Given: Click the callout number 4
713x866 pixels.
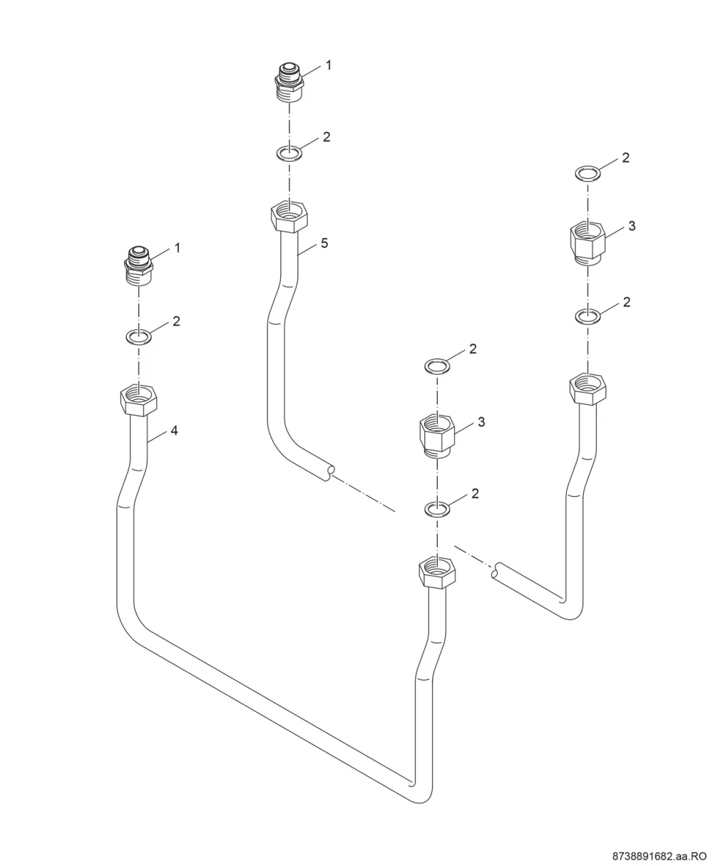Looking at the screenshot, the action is point(174,431).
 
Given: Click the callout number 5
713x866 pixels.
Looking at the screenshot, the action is point(324,243).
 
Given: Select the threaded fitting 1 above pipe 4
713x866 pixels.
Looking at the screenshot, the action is point(138,266).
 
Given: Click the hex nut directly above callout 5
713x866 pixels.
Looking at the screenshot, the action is point(289,217).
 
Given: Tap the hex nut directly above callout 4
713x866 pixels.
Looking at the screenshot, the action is point(138,400).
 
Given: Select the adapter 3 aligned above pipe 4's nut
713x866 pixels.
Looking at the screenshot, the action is point(437,435).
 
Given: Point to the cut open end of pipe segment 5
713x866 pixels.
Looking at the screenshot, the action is point(330,473).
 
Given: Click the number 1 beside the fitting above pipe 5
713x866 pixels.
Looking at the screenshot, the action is point(329,65).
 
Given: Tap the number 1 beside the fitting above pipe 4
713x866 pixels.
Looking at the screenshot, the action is point(178,247).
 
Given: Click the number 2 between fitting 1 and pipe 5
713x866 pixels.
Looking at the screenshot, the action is point(327,137).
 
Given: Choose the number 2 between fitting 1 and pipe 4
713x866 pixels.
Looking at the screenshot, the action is point(176,321).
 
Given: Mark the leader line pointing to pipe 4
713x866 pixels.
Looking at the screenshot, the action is point(157,436).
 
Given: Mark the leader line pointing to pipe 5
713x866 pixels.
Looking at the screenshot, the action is point(307,249).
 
